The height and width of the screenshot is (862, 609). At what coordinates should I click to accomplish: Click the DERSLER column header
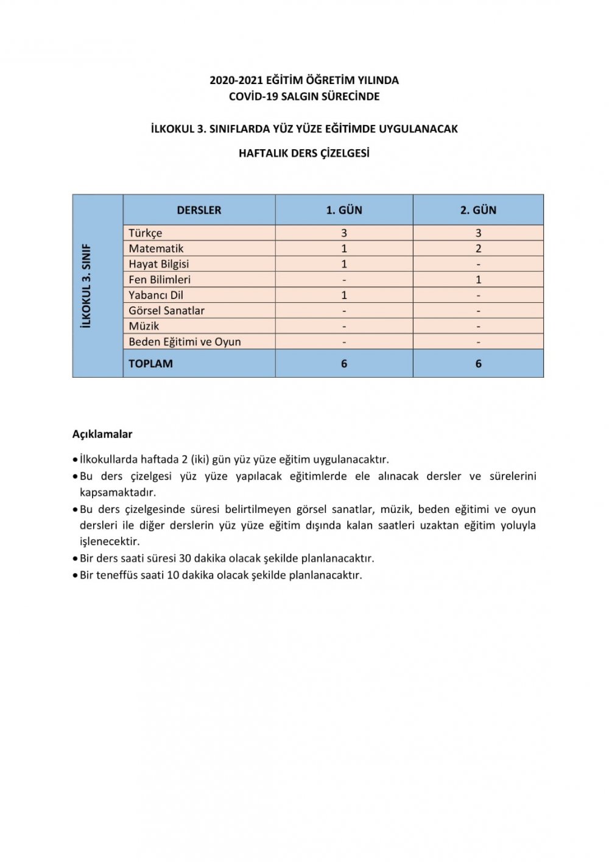click(199, 210)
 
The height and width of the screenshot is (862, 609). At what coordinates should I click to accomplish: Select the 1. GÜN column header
click(344, 210)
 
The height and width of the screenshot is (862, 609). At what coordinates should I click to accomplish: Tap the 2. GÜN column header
click(478, 210)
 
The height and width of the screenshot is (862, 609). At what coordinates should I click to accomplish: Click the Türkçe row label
click(146, 233)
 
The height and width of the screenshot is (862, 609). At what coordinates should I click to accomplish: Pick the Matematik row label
click(156, 249)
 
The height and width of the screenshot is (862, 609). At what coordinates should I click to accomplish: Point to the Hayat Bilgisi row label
click(159, 264)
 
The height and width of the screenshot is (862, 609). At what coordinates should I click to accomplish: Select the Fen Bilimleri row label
click(160, 280)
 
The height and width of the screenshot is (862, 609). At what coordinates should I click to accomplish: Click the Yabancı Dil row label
click(156, 295)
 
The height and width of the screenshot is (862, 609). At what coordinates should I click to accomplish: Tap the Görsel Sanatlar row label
click(167, 311)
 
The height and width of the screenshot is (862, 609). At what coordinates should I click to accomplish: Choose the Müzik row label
click(144, 326)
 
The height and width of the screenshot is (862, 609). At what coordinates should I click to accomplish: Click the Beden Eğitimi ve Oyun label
click(185, 342)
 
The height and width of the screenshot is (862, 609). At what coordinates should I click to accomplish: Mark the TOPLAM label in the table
click(150, 364)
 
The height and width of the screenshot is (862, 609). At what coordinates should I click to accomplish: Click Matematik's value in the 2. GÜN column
click(478, 249)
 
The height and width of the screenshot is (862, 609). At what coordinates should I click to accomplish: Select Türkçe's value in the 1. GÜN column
click(344, 233)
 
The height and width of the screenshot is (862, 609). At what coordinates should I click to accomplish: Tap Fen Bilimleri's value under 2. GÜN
click(478, 280)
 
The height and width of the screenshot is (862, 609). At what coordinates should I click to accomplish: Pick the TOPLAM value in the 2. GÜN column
click(478, 364)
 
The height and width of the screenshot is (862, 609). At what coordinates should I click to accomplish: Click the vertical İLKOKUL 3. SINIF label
click(86, 286)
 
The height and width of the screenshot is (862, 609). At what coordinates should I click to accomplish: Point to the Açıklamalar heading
click(102, 434)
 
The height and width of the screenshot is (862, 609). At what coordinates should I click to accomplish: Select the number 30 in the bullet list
click(185, 558)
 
